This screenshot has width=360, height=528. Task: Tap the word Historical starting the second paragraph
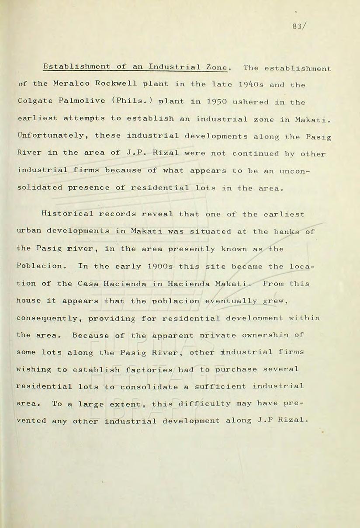(x=66, y=214)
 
